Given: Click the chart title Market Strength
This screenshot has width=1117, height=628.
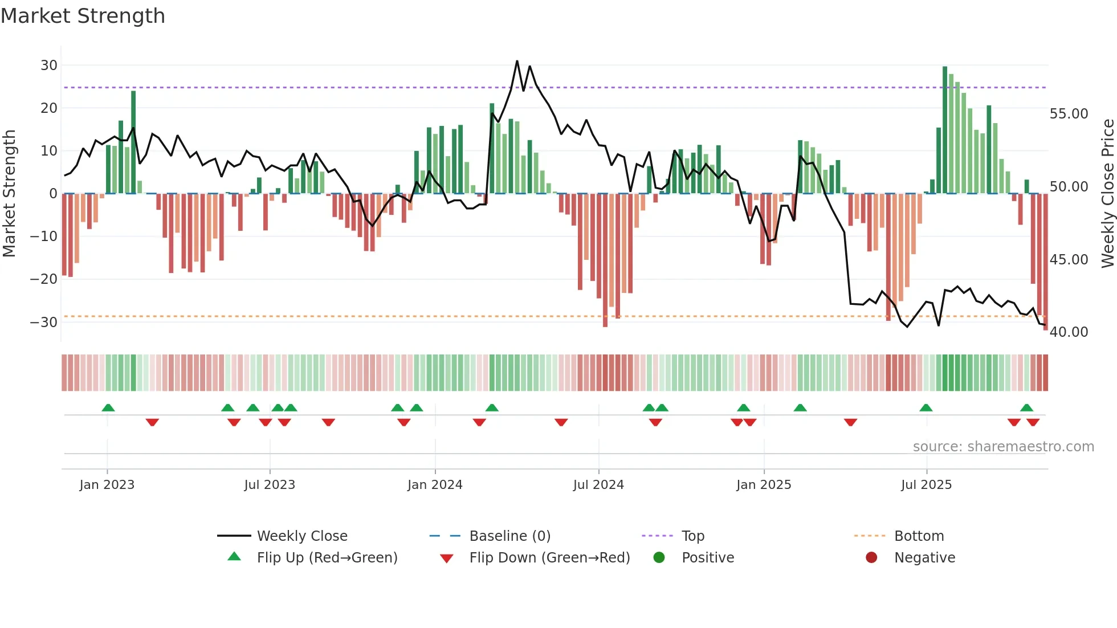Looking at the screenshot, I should pyautogui.click(x=83, y=16).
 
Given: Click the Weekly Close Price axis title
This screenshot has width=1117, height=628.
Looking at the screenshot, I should pyautogui.click(x=1107, y=194).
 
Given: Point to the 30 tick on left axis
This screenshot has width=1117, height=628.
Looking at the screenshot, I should pyautogui.click(x=49, y=66).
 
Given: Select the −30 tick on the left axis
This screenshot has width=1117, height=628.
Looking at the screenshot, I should pyautogui.click(x=44, y=322).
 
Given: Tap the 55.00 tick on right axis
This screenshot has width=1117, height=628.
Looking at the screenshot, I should pyautogui.click(x=1069, y=114).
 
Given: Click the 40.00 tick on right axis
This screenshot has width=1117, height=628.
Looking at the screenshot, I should pyautogui.click(x=1069, y=332).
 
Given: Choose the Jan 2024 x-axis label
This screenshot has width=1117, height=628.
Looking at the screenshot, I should pyautogui.click(x=435, y=485).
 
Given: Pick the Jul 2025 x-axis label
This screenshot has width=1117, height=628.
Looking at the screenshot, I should pyautogui.click(x=926, y=485).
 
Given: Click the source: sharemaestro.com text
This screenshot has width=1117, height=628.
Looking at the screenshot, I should pyautogui.click(x=1003, y=447).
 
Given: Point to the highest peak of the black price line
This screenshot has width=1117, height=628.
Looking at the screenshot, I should pyautogui.click(x=517, y=61).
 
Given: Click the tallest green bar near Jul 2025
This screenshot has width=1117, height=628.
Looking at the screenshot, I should pyautogui.click(x=945, y=130).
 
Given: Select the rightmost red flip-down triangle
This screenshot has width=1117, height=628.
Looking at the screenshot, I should pyautogui.click(x=1033, y=422).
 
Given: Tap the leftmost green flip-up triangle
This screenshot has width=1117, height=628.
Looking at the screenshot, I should pyautogui.click(x=108, y=407).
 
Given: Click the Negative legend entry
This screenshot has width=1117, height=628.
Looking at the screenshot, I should pyautogui.click(x=924, y=558).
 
